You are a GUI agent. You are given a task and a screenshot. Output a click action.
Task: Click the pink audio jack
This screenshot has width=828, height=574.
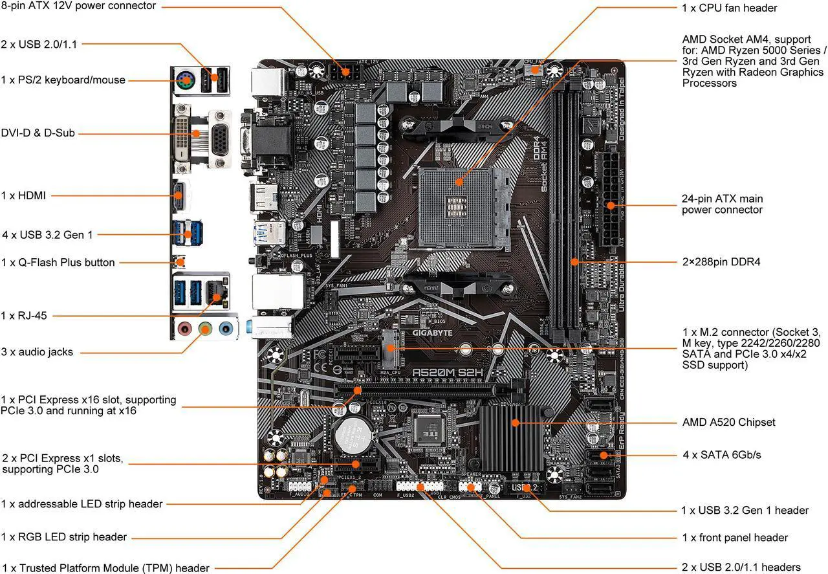tap(185, 329)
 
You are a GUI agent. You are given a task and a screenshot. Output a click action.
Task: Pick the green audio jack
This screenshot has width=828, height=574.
tap(205, 329)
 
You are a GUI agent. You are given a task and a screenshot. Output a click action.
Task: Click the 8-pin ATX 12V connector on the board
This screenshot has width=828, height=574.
tap(343, 70)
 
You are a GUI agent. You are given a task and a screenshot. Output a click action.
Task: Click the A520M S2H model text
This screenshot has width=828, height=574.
tap(448, 373)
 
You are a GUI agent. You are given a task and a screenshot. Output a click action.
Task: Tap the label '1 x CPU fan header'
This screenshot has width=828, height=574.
tap(729, 8)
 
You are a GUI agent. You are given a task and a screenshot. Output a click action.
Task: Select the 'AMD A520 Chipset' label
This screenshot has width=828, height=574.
tap(728, 422)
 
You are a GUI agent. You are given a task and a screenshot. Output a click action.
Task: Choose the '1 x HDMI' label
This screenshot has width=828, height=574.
tap(24, 195)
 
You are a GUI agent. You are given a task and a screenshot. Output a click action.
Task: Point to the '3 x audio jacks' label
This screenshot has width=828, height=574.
tap(37, 352)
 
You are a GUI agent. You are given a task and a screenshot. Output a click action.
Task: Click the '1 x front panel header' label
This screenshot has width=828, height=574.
tap(735, 537)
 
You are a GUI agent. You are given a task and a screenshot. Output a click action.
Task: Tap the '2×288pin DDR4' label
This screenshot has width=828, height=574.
tap(721, 262)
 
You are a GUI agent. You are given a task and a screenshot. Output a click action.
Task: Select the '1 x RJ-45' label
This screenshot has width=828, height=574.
tap(24, 315)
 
